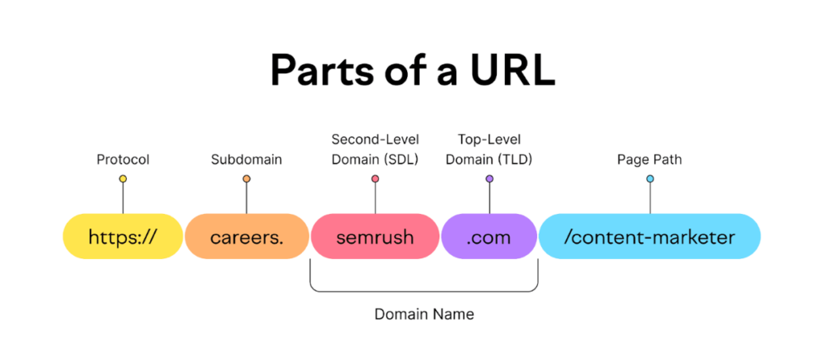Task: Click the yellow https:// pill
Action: [123, 237]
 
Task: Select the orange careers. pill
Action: [246, 237]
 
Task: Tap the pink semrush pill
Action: [375, 237]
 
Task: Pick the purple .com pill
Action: [489, 237]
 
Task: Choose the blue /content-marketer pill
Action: [649, 237]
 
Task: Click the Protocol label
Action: [123, 160]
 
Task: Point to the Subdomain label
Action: [246, 160]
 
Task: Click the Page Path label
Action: [649, 160]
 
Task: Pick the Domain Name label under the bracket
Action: [424, 314]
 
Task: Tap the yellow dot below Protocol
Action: [123, 179]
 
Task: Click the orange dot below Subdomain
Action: [246, 179]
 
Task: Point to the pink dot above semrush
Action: [375, 179]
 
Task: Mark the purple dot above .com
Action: [489, 179]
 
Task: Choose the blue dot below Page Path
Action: [649, 179]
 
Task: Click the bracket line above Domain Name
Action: [424, 291]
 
